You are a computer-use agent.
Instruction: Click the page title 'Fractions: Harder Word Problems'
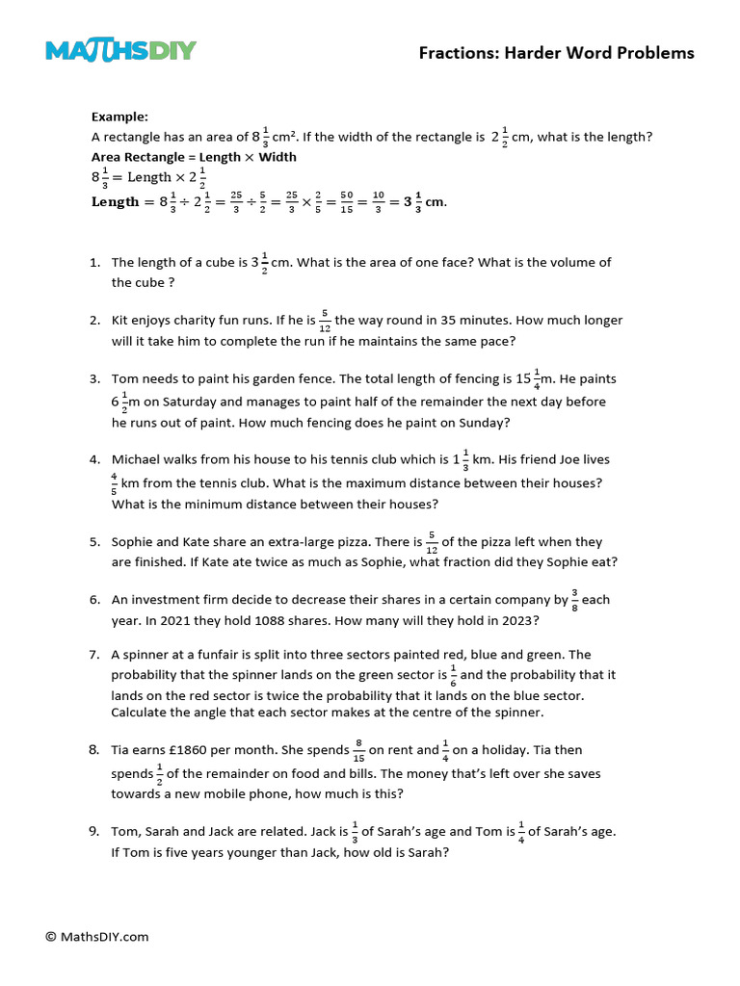[556, 53]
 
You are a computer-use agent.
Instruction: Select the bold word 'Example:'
[119, 117]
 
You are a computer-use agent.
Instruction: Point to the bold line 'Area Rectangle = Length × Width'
[194, 157]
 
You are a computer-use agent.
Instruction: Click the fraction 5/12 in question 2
[325, 321]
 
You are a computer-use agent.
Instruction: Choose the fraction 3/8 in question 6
[575, 600]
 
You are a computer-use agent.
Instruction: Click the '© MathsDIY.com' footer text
[97, 936]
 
